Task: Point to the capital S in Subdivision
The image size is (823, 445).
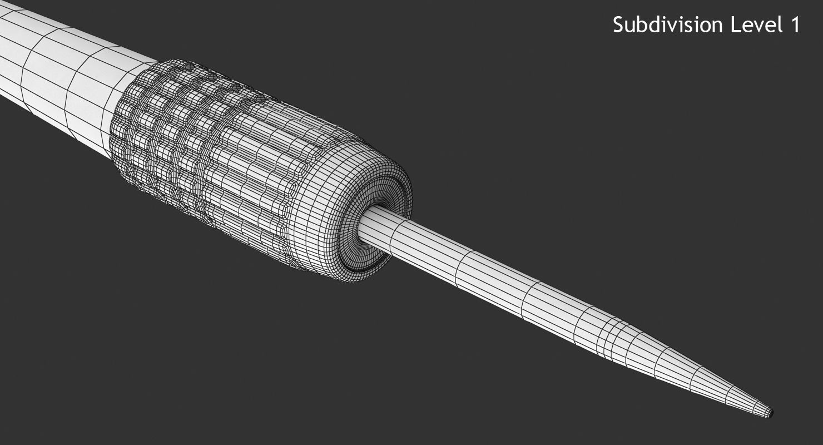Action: [x=618, y=25]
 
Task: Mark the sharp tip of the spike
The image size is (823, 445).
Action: [x=772, y=413]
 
